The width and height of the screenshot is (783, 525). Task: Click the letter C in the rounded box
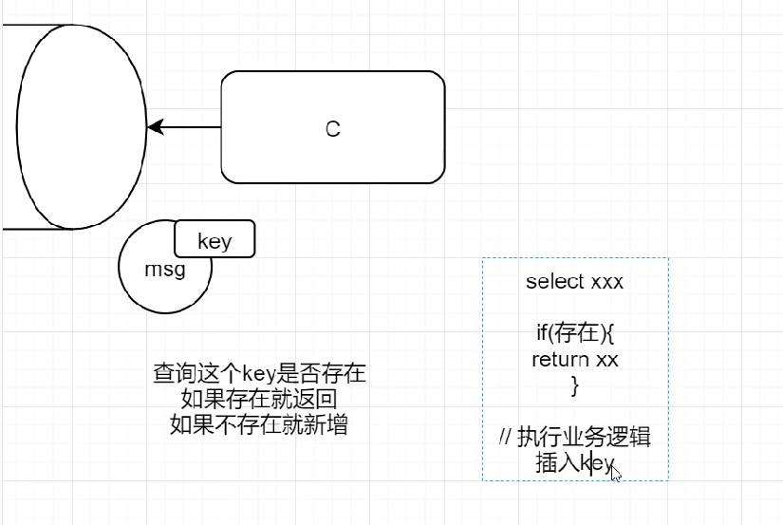click(x=333, y=129)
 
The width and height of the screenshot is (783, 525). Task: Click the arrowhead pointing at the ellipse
click(x=155, y=126)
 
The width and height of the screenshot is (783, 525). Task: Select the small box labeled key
click(x=214, y=241)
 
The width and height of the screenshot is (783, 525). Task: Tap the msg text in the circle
click(x=164, y=270)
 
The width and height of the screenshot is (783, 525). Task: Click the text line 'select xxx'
click(x=574, y=282)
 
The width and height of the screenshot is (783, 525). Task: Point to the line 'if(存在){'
click(x=575, y=333)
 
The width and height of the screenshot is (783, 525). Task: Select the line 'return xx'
click(x=575, y=360)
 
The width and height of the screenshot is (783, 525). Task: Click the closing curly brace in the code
click(x=574, y=385)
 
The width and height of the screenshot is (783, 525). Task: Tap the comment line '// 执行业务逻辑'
click(x=575, y=438)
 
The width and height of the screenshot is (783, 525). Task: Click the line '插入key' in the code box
click(x=574, y=463)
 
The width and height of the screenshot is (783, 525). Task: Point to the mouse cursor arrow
click(x=615, y=472)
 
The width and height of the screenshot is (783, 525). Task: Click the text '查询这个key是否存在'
click(x=259, y=373)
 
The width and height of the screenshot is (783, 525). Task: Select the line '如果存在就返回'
click(x=259, y=399)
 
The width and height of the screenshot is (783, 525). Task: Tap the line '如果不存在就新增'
click(x=259, y=424)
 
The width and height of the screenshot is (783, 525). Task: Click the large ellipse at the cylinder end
click(x=82, y=127)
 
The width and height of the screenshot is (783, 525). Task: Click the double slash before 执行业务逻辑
click(x=505, y=438)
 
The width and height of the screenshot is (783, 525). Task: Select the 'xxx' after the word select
click(x=607, y=282)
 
